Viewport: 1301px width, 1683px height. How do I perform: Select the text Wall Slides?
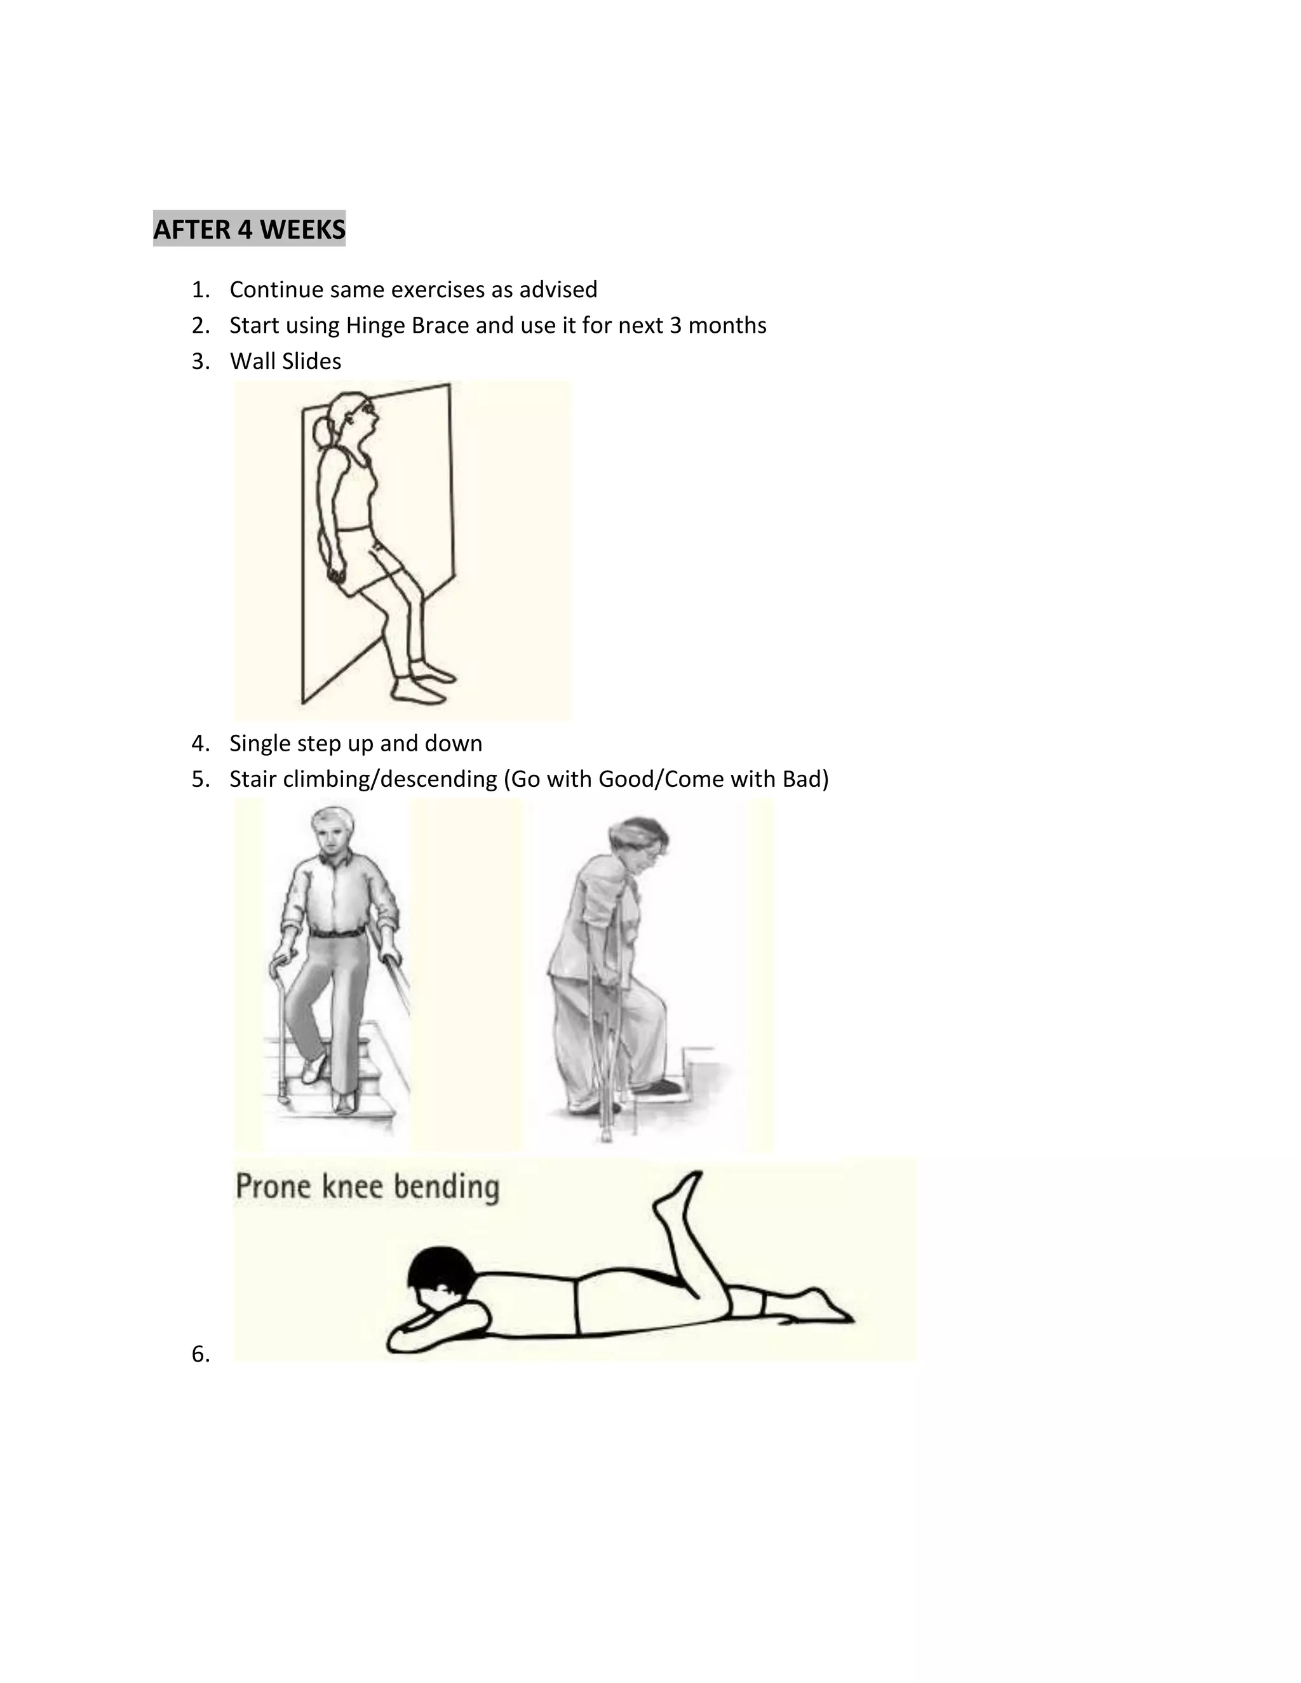pos(285,361)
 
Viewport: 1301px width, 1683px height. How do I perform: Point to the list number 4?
pos(199,744)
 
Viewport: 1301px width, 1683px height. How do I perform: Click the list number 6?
pos(199,1354)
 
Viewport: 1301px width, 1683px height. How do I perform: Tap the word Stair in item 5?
pos(253,779)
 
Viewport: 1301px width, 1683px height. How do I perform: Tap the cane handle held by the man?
pos(282,962)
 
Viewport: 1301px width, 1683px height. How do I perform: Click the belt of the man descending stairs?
pos(337,933)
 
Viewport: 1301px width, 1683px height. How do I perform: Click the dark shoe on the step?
pos(659,1087)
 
